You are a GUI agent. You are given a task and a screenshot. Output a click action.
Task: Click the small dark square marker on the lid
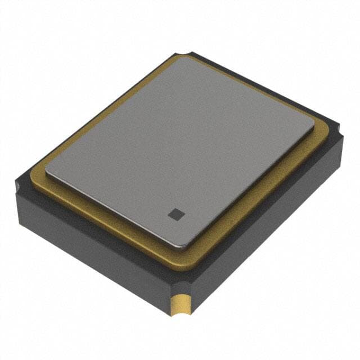coord(175,214)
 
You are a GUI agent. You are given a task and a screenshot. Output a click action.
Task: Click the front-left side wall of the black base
coord(90,247)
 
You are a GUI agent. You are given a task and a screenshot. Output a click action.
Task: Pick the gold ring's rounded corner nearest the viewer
coord(186,262)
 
